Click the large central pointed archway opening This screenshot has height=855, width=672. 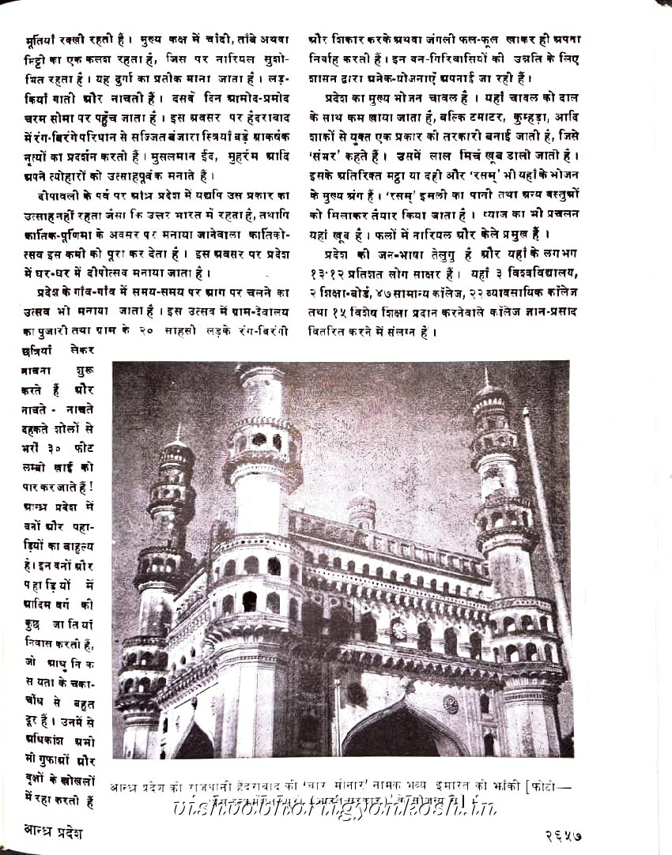(x=404, y=730)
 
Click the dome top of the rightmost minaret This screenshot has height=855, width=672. (x=489, y=393)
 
